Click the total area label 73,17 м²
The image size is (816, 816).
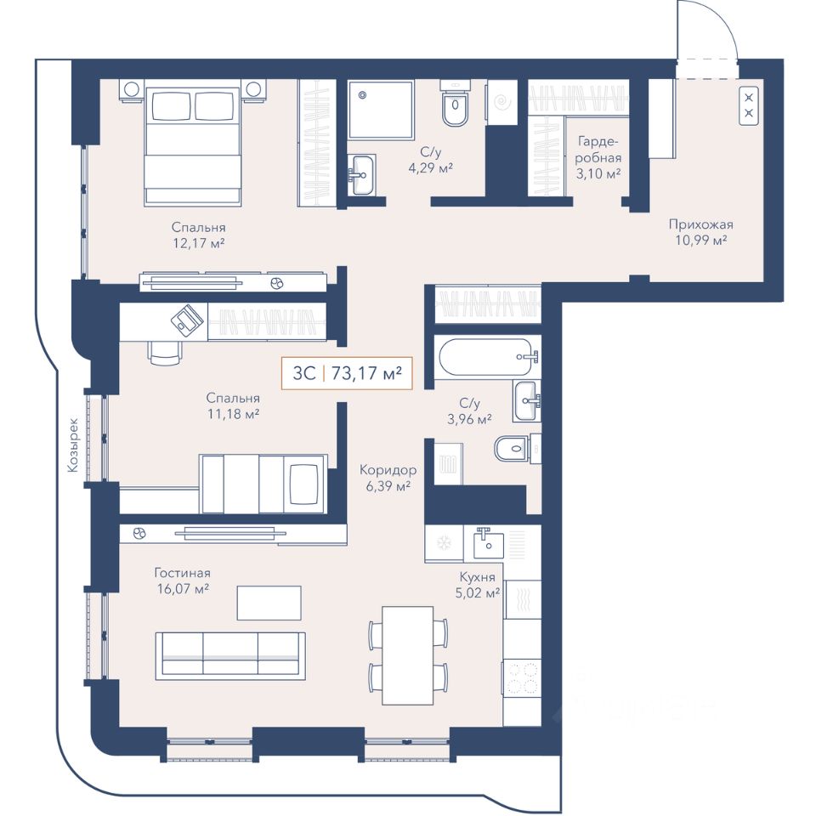367,373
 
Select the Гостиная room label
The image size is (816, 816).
182,573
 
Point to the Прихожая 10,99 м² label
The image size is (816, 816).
700,232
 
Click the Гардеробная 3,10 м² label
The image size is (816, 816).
598,158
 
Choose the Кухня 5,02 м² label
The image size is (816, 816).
478,585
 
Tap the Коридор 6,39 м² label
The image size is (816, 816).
388,478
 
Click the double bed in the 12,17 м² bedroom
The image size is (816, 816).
193,145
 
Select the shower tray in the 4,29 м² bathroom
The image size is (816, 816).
381,110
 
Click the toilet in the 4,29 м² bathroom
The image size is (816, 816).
456,103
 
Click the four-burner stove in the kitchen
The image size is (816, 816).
522,677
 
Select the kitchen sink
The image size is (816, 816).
488,543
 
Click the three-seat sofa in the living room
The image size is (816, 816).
230,655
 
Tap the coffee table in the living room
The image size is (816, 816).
269,603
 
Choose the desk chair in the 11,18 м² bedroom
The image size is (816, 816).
166,353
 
